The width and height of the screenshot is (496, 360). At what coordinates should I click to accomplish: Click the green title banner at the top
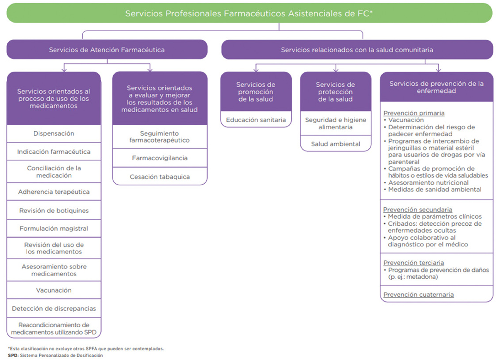pyautogui.click(x=249, y=13)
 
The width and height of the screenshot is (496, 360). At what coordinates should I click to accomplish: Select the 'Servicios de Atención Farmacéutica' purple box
pyautogui.click(x=107, y=50)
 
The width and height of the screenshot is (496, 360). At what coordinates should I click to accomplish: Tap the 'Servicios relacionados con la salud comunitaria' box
pyautogui.click(x=357, y=50)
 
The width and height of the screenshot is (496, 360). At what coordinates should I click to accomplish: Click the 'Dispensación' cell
pyautogui.click(x=54, y=133)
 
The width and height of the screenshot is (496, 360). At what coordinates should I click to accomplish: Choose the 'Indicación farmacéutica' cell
pyautogui.click(x=54, y=152)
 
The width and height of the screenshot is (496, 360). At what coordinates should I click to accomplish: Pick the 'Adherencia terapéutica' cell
pyautogui.click(x=54, y=192)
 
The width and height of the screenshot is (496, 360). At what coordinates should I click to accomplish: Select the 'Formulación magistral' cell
pyautogui.click(x=54, y=228)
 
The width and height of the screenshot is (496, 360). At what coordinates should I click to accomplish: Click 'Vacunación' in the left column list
pyautogui.click(x=54, y=290)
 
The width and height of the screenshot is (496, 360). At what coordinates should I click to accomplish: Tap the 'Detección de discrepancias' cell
pyautogui.click(x=54, y=308)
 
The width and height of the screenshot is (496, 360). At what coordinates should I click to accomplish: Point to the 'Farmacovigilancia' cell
pyautogui.click(x=160, y=158)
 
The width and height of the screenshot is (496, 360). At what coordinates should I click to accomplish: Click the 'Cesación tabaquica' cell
pyautogui.click(x=160, y=177)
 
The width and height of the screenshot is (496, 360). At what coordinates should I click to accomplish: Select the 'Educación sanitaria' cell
pyautogui.click(x=256, y=120)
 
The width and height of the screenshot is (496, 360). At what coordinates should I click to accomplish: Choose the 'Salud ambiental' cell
pyautogui.click(x=336, y=144)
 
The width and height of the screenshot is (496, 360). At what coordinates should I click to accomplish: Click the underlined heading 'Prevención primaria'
pyautogui.click(x=414, y=113)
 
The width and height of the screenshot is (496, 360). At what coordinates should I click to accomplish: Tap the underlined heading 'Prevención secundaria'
pyautogui.click(x=417, y=210)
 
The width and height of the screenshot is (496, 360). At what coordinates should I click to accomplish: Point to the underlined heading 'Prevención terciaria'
pyautogui.click(x=413, y=263)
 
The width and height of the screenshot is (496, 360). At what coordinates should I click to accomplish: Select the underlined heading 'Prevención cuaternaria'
pyautogui.click(x=418, y=294)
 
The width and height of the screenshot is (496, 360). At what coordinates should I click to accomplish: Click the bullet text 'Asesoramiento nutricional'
pyautogui.click(x=428, y=183)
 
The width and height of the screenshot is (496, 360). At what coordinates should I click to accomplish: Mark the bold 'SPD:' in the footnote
pyautogui.click(x=13, y=355)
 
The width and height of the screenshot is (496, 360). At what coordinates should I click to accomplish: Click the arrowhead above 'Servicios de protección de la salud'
pyautogui.click(x=336, y=69)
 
